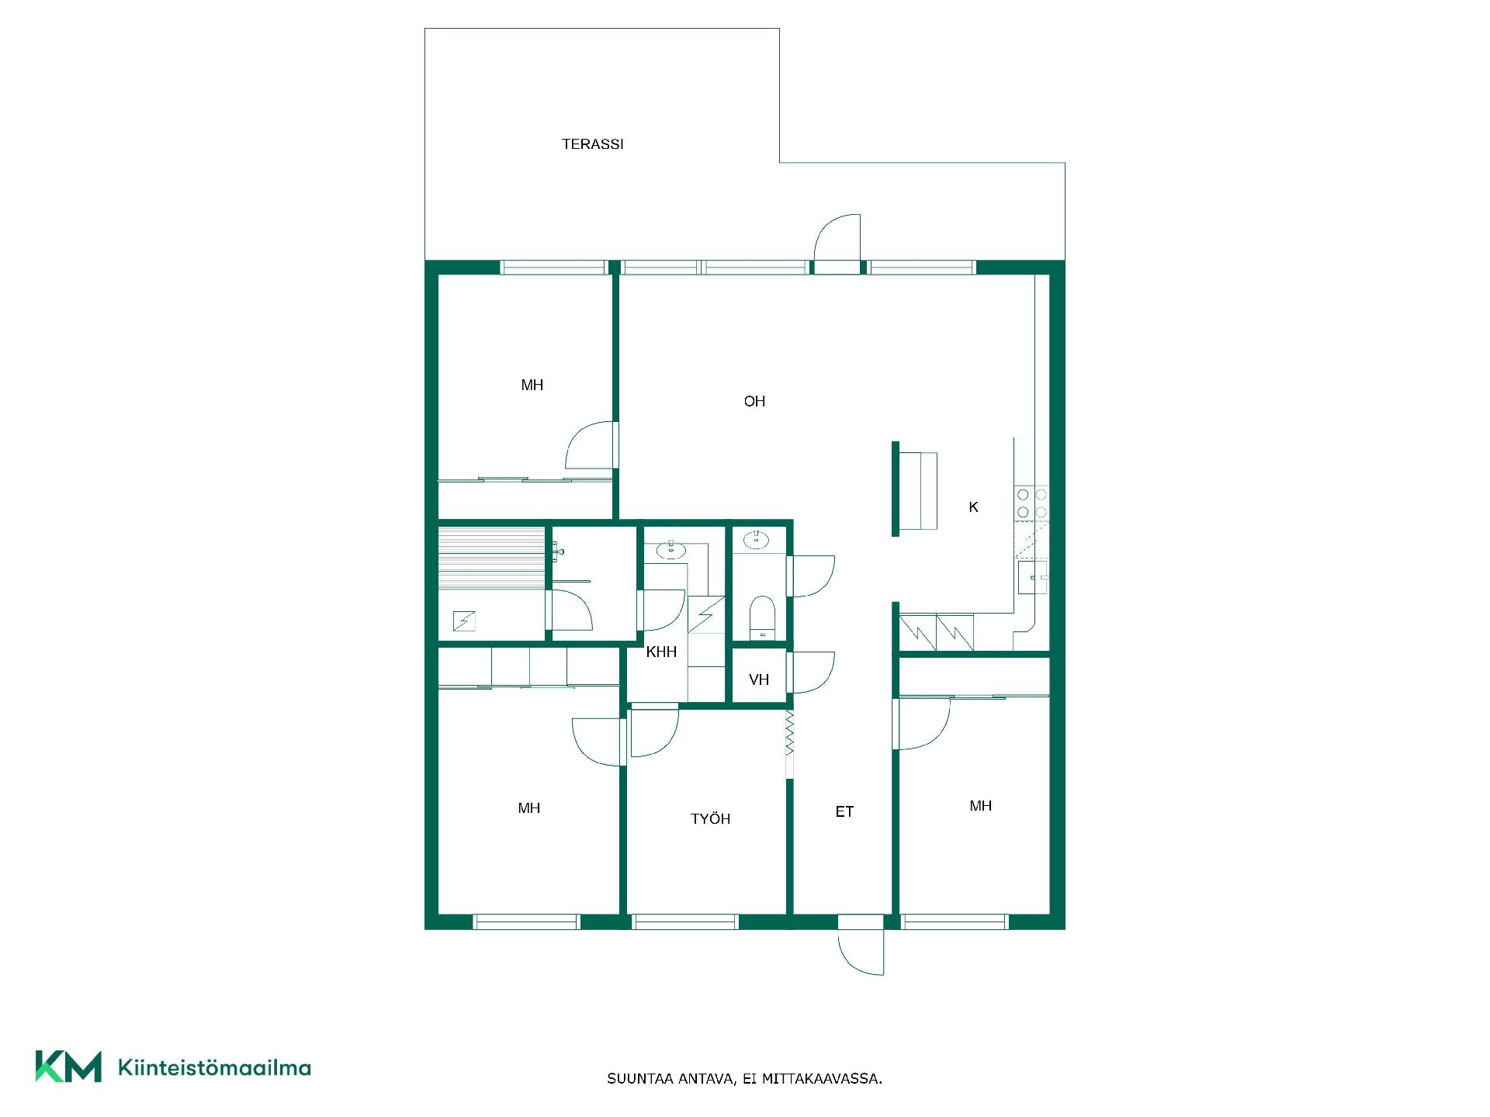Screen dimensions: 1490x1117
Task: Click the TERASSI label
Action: coord(592,144)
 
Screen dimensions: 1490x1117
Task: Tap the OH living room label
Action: coord(754,401)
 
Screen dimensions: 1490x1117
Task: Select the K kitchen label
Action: coord(973,507)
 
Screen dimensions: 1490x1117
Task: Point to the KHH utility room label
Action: coord(661,652)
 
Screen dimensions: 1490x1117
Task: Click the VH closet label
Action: coord(759,680)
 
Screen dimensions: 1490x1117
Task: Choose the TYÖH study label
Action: coord(710,818)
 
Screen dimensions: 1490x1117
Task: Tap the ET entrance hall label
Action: coord(844,811)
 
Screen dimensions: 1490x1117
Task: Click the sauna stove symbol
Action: coord(463,621)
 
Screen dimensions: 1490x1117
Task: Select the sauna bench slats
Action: coord(491,558)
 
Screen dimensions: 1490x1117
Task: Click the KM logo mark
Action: coord(68,1067)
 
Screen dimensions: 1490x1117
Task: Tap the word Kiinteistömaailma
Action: coord(214,1068)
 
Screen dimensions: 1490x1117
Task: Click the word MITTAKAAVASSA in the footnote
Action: coord(822,1079)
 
